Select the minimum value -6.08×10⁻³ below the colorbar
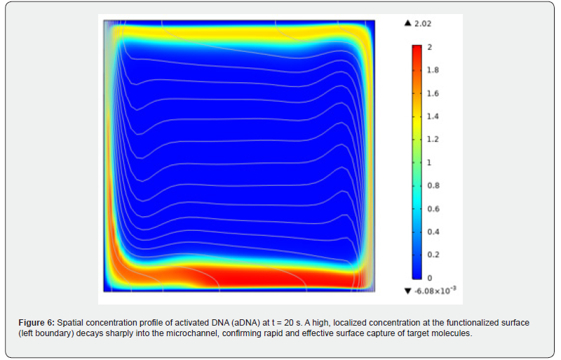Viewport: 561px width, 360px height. pos(435,291)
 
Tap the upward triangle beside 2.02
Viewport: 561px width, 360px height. pos(407,24)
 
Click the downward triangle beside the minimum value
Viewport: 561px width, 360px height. pos(408,291)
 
